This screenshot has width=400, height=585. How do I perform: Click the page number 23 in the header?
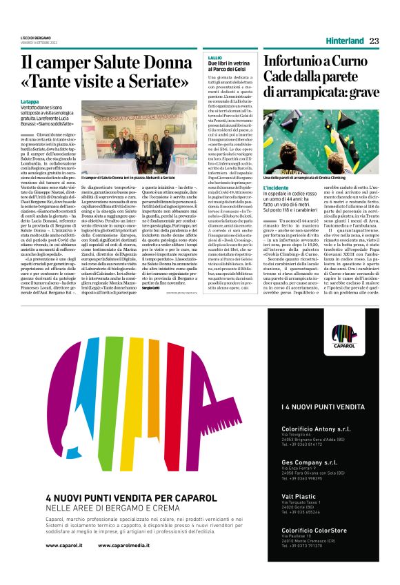374,41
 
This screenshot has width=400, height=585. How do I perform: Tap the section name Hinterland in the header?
345,41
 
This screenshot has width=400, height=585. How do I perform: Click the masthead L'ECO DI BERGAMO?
36,37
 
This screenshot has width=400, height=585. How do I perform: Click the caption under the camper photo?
128,177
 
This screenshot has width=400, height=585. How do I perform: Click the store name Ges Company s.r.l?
309,443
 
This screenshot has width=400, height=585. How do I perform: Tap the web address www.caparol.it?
64,545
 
